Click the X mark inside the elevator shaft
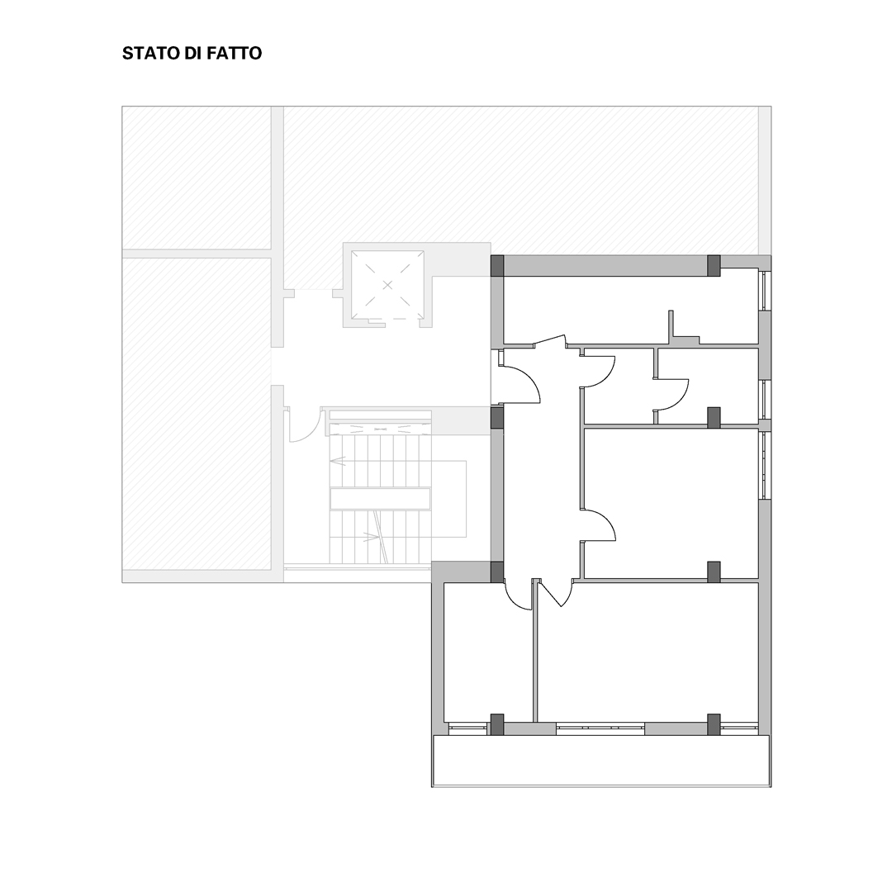coord(388,284)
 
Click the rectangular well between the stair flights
coord(380,498)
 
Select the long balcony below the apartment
coord(601,762)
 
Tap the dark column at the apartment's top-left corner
coord(497,266)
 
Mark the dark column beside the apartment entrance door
coord(497,417)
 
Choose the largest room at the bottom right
coord(648,652)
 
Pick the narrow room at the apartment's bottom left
coord(488,652)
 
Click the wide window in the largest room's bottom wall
coord(600,728)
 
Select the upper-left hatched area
coord(197,178)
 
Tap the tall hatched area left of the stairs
coord(197,414)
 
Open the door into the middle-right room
coord(599,524)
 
